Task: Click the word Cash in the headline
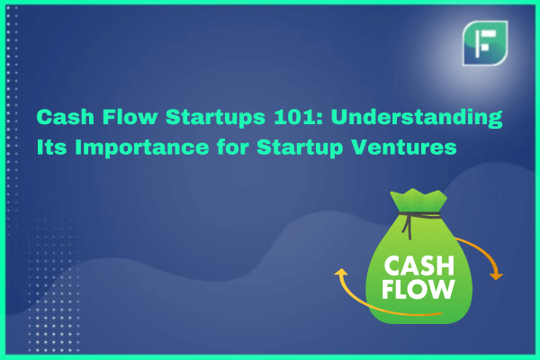pyautogui.click(x=66, y=117)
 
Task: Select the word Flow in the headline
pyautogui.click(x=130, y=117)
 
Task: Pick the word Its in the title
pyautogui.click(x=51, y=147)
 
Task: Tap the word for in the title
pyautogui.click(x=233, y=147)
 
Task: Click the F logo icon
pyautogui.click(x=485, y=43)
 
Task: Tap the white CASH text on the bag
pyautogui.click(x=419, y=266)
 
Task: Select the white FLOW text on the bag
pyautogui.click(x=418, y=289)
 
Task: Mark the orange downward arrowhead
pyautogui.click(x=496, y=276)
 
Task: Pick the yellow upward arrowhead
pyautogui.click(x=341, y=273)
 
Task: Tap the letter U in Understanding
pyautogui.click(x=339, y=118)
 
